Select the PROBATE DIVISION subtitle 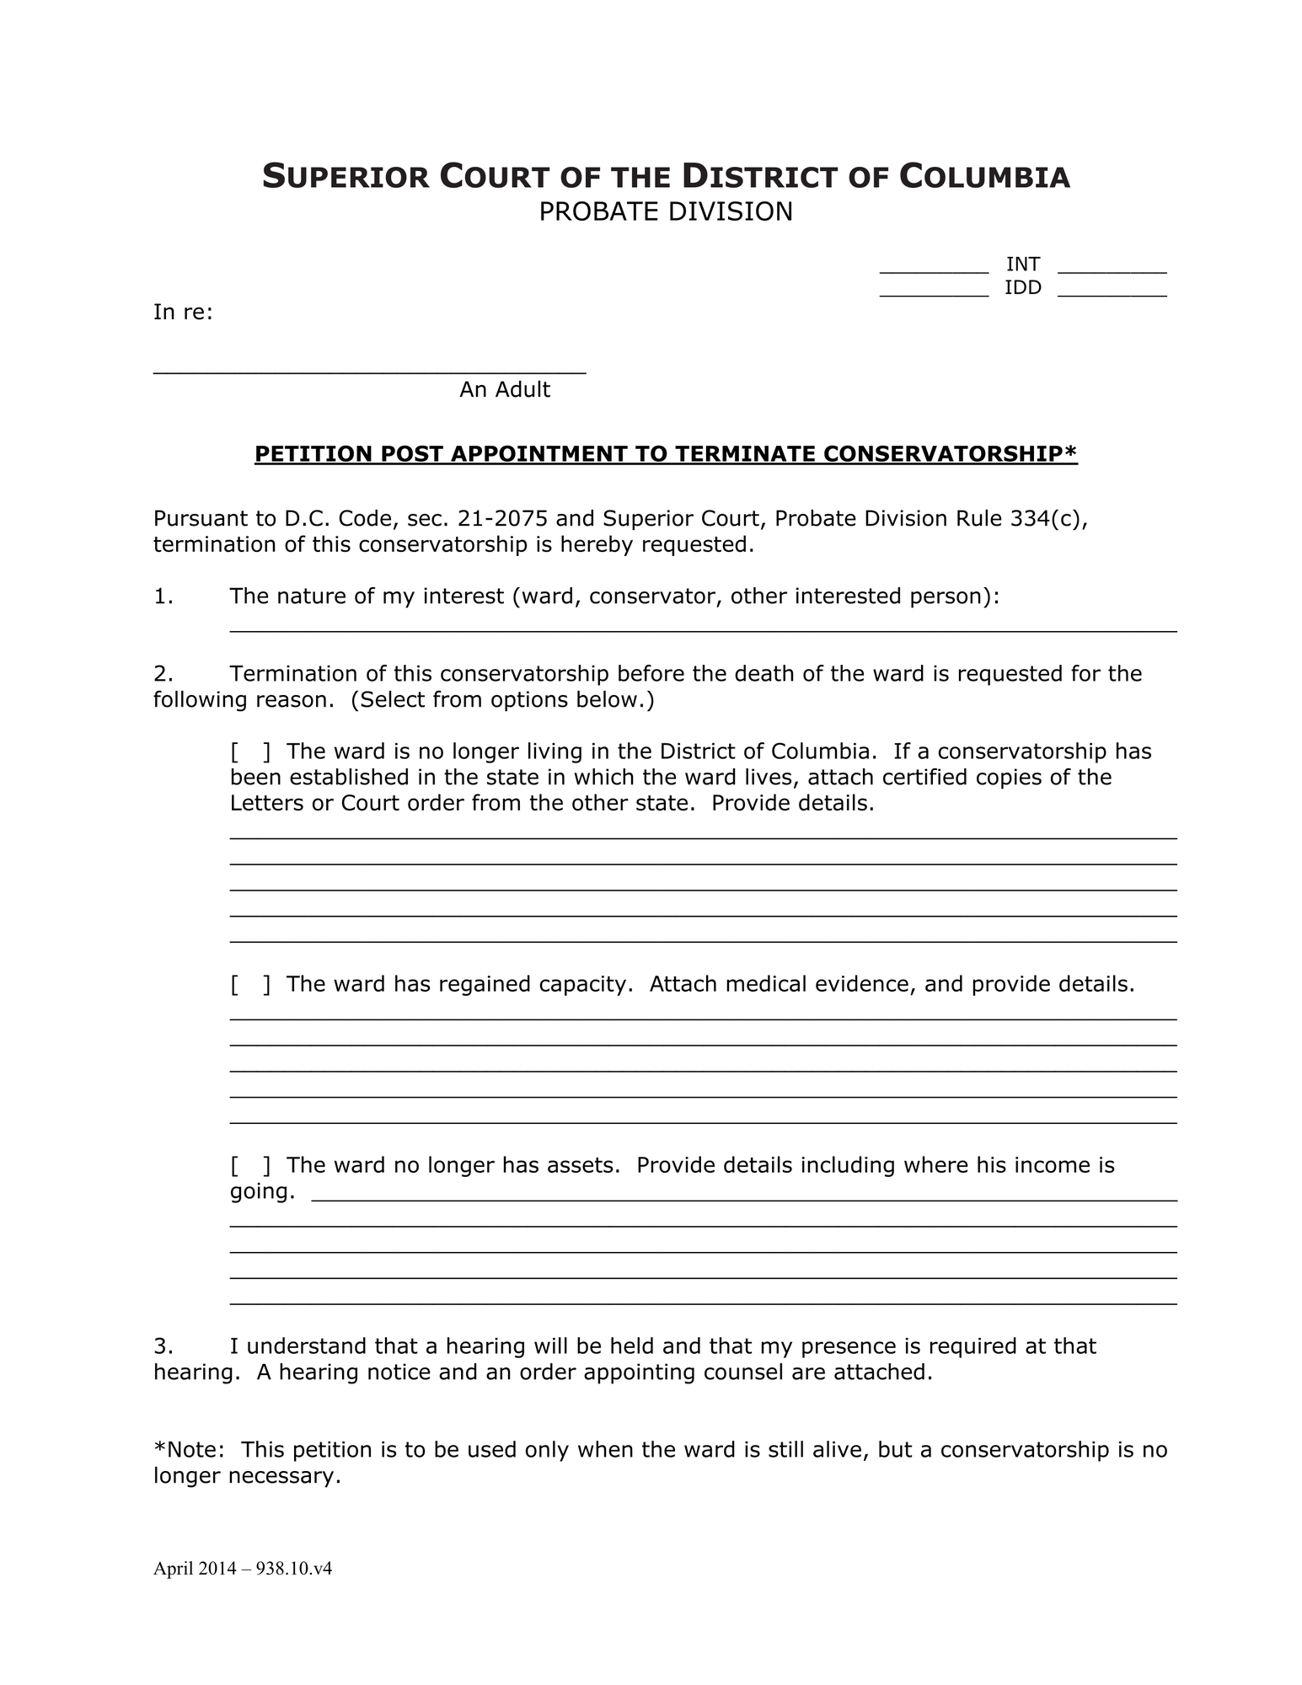point(666,212)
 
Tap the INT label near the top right point(1022,265)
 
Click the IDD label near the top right point(1022,288)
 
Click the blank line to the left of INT point(934,270)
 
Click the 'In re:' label point(183,313)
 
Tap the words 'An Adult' point(504,390)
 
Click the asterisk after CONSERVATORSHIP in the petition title point(1071,452)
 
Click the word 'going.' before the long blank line point(262,1192)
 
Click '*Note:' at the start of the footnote point(189,1451)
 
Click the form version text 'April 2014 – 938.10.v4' point(243,1569)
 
